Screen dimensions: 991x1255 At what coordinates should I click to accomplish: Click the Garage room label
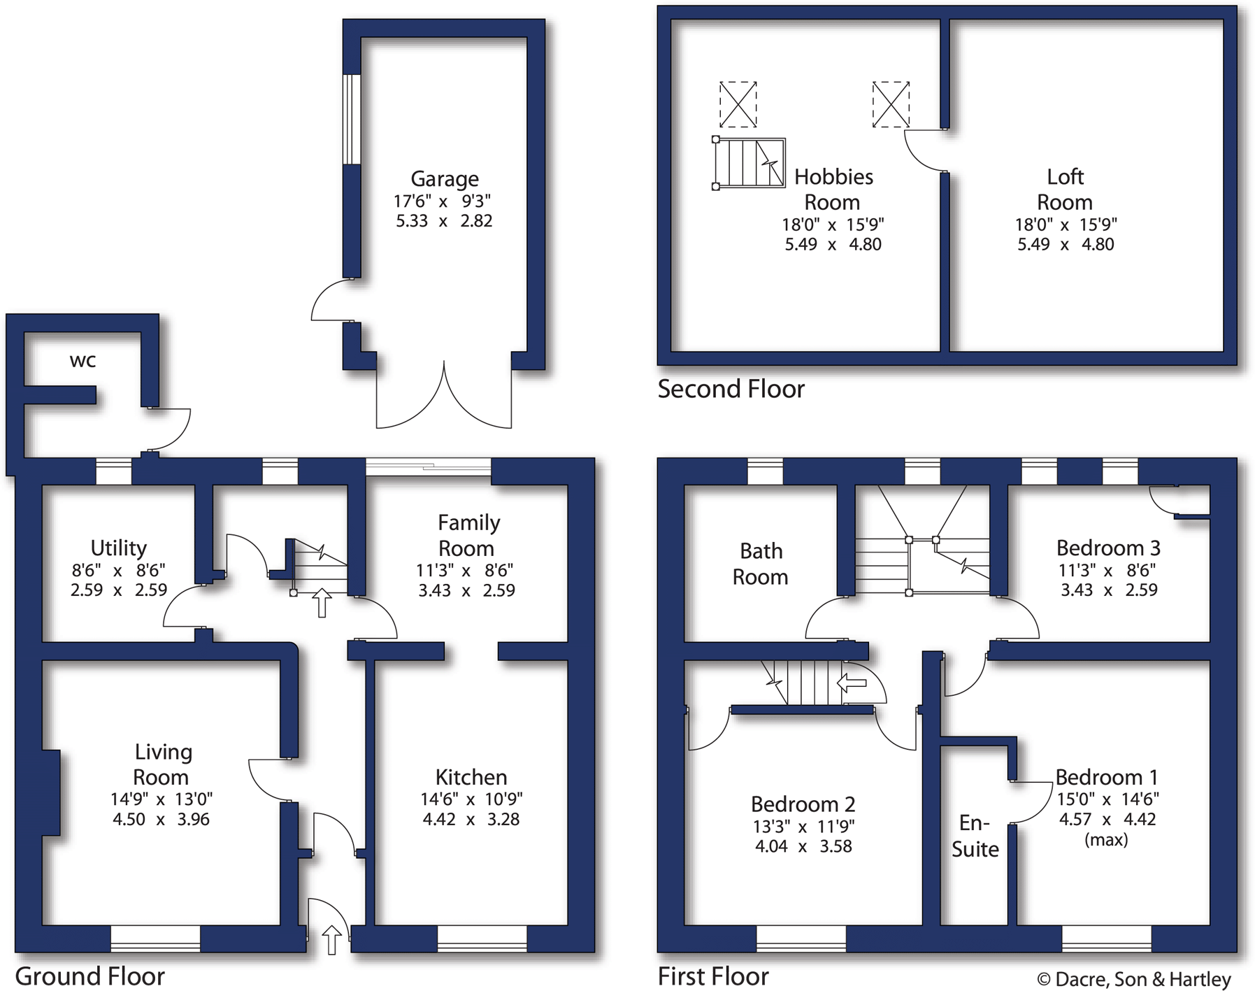[444, 179]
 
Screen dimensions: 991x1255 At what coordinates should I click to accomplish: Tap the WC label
[83, 362]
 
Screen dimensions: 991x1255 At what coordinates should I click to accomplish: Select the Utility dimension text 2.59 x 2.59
[119, 590]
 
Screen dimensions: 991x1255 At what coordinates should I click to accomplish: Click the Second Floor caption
[731, 389]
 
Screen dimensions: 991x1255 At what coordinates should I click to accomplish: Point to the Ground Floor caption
[89, 976]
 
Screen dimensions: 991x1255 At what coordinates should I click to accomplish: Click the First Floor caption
[713, 976]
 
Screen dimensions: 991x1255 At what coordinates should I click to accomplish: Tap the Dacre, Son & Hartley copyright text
[1133, 979]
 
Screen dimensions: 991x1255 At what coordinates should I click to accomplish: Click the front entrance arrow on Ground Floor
[331, 940]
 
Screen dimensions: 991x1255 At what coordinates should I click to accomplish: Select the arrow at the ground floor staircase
[322, 602]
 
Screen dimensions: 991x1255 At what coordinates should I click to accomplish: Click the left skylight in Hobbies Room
[738, 104]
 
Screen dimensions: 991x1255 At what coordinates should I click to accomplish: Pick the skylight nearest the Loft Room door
[891, 104]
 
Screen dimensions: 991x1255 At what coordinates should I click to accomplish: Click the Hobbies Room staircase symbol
[749, 163]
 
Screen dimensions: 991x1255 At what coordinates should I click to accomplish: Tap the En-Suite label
[975, 836]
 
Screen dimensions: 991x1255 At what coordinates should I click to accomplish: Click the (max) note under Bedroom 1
[1106, 840]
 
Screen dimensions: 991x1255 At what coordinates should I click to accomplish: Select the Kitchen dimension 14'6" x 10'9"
[471, 799]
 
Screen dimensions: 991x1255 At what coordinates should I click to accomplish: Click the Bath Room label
[760, 564]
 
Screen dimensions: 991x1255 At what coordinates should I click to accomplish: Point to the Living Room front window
[155, 939]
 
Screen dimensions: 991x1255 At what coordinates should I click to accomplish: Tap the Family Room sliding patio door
[428, 466]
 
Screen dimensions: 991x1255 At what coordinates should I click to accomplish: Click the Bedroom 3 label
[1108, 548]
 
